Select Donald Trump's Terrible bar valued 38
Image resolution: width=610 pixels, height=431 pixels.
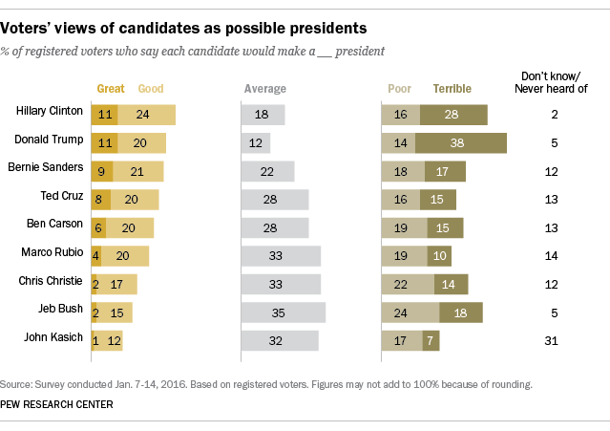point(460,143)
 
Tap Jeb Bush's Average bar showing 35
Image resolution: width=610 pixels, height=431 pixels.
point(284,312)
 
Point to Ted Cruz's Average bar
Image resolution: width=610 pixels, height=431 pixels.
point(275,200)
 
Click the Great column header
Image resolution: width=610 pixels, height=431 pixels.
point(111,89)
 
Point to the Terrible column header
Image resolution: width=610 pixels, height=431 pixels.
point(452,89)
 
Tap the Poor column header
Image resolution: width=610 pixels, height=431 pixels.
point(399,89)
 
